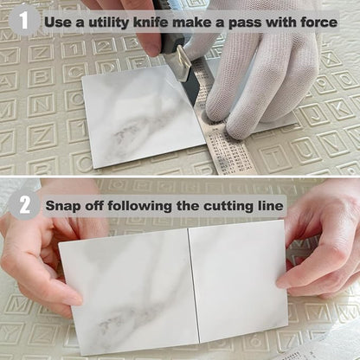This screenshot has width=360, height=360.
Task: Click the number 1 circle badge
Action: pos(24,20)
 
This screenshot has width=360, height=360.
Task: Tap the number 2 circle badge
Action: pos(24,205)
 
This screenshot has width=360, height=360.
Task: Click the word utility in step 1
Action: pos(109,22)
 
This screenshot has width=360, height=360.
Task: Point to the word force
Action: pos(319,22)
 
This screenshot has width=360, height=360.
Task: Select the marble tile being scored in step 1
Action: pos(145,115)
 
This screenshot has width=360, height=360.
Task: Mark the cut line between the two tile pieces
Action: pos(194,285)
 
